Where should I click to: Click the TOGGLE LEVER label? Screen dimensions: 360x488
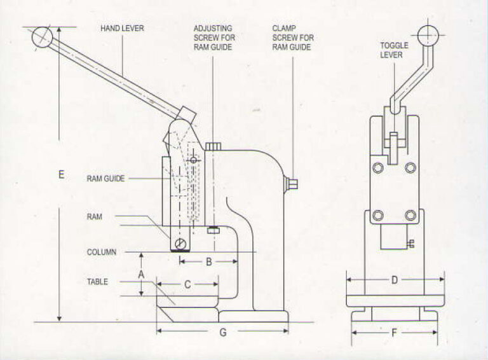tap(394, 50)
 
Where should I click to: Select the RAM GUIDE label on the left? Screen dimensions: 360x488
tap(105, 179)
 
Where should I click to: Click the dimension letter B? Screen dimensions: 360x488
tap(208, 261)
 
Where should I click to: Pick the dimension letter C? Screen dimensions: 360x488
tap(187, 286)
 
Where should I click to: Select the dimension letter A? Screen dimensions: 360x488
tap(142, 273)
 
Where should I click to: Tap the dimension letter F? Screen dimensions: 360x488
tap(395, 331)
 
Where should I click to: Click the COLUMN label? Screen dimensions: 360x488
tap(102, 252)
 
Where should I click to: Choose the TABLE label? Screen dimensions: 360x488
tap(97, 281)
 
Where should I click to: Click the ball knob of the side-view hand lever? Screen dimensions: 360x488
tap(42, 36)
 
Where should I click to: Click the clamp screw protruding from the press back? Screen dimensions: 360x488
tap(293, 185)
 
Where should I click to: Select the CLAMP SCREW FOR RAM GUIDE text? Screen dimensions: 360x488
tap(292, 38)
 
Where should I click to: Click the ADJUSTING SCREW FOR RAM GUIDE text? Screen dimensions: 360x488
tap(213, 38)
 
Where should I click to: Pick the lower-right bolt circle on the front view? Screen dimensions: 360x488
tap(410, 214)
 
